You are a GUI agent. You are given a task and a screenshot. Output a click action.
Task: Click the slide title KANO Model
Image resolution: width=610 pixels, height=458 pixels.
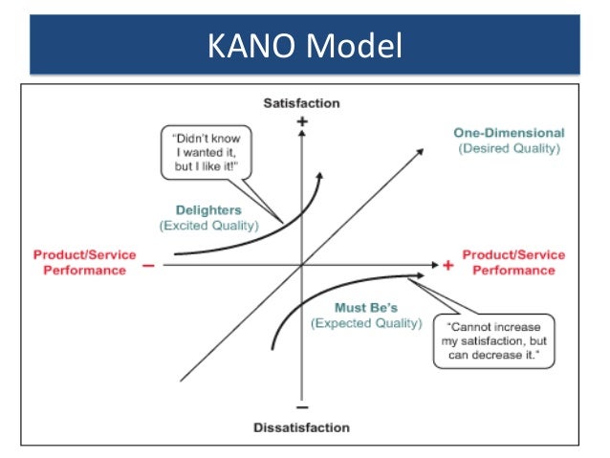point(304,44)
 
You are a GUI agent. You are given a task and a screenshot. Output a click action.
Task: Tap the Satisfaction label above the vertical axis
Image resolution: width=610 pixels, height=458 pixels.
point(301,102)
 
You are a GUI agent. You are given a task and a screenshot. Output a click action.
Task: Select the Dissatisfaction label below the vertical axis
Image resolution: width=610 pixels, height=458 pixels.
point(301,427)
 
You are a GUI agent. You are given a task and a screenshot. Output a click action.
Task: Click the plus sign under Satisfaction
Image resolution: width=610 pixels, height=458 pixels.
point(302,121)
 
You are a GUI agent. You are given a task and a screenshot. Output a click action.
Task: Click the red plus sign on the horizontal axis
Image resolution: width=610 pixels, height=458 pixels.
point(447,265)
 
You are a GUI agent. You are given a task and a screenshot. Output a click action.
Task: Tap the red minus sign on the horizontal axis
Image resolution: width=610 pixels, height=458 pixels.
point(148,265)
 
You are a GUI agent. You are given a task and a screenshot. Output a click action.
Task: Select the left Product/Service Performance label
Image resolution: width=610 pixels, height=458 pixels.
point(84,263)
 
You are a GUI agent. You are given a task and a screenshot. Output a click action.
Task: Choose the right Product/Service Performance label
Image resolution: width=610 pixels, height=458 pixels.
point(513,263)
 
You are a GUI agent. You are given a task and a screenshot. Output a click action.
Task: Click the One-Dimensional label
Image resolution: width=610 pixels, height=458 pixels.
point(508,133)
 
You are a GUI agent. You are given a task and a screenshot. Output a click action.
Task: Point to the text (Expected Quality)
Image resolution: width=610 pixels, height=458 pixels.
point(365,324)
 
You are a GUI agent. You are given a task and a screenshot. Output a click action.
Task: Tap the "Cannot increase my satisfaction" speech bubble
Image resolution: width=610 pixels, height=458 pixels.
point(493,340)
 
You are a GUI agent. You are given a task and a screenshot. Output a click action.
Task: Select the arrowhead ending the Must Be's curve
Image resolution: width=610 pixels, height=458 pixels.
point(418,276)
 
